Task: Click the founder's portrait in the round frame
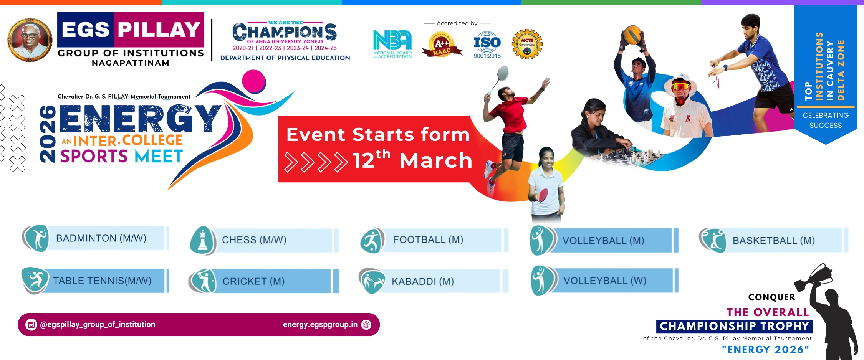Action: [30, 40]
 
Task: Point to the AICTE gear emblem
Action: [527, 44]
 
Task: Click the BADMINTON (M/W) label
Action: [101, 238]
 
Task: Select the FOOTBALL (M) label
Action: [428, 240]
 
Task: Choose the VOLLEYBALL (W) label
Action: [605, 281]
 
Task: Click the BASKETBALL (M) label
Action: [773, 241]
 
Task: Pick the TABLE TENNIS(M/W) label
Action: [102, 281]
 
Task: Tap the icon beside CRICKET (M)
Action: [203, 281]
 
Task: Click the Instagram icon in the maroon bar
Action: [31, 325]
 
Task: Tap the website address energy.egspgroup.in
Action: [320, 325]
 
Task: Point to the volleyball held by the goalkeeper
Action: [632, 35]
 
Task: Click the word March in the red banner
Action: [435, 160]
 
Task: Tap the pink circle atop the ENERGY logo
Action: [254, 81]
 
